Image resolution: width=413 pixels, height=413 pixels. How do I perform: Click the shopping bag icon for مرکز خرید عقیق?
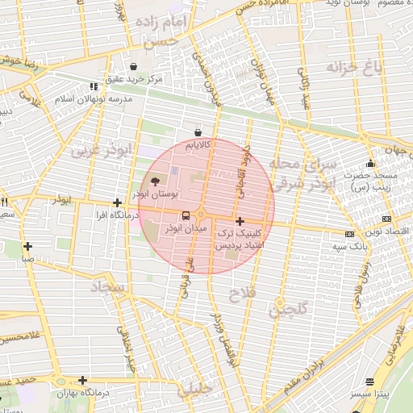134,66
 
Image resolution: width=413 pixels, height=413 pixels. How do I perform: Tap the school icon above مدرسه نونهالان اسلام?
94,86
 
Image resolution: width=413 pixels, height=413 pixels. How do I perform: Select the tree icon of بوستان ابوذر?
156,181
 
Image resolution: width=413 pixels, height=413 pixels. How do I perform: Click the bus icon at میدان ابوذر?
186,215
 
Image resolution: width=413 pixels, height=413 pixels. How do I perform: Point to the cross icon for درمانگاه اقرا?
118,203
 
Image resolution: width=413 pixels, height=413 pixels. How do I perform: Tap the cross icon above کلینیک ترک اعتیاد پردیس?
239,220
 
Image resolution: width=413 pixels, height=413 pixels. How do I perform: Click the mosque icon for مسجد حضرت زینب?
370,164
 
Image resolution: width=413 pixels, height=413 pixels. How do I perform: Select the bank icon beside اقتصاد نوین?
386,219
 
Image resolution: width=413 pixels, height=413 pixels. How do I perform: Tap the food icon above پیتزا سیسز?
370,382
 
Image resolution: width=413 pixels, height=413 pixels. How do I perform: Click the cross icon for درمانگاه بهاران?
82,380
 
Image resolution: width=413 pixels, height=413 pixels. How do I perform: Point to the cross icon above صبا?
28,247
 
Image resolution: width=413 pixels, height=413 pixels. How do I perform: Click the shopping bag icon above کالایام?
198,132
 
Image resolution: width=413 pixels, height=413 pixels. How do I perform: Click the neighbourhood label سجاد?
111,286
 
